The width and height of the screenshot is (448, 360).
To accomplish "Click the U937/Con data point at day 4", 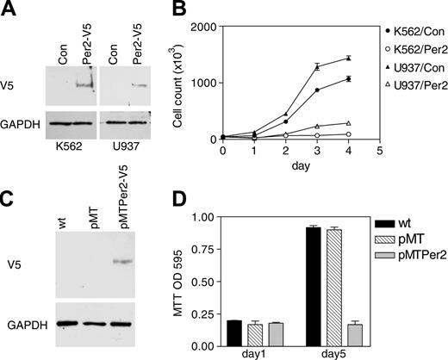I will (324, 58).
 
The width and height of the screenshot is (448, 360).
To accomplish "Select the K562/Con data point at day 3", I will (298, 90).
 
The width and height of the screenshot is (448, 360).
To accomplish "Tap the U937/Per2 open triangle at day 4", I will (324, 123).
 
